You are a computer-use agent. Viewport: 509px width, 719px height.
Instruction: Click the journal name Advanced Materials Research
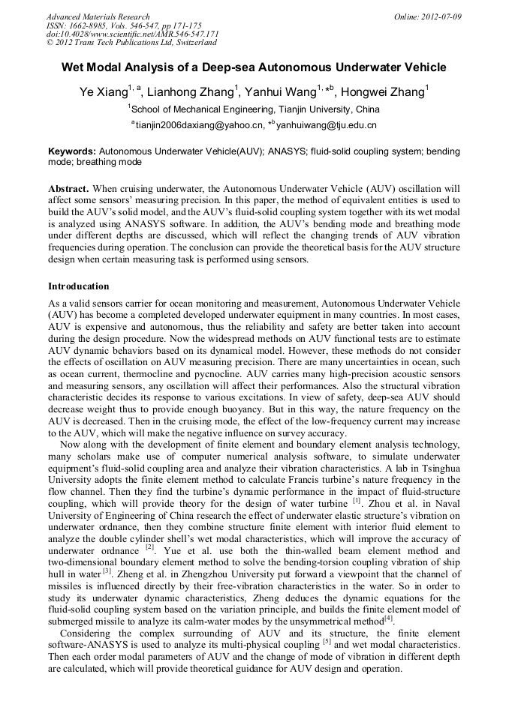tap(98, 16)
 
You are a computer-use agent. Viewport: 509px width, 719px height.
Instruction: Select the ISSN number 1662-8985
tap(91, 25)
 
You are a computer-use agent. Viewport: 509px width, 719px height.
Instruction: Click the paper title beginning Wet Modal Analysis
tap(254, 67)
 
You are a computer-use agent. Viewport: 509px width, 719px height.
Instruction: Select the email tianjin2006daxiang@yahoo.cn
tap(200, 125)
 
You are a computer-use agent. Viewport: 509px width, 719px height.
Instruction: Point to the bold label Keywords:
tap(72, 151)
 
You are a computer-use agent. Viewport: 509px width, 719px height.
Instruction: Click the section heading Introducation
tap(78, 286)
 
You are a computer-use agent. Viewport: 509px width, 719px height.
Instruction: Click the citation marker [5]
tap(327, 641)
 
